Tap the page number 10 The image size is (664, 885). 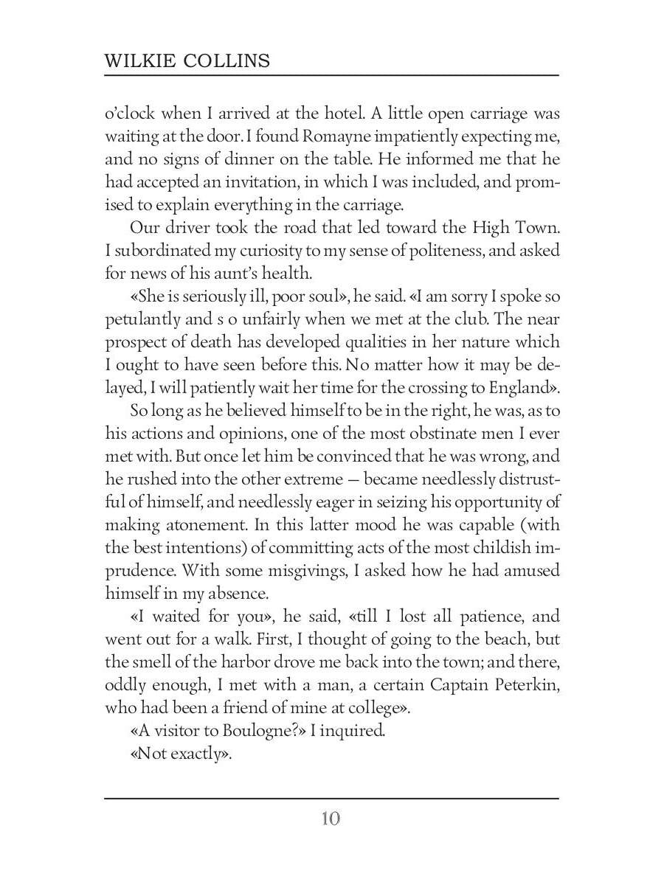331,819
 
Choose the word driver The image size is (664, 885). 193,228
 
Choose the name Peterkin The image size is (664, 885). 522,684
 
